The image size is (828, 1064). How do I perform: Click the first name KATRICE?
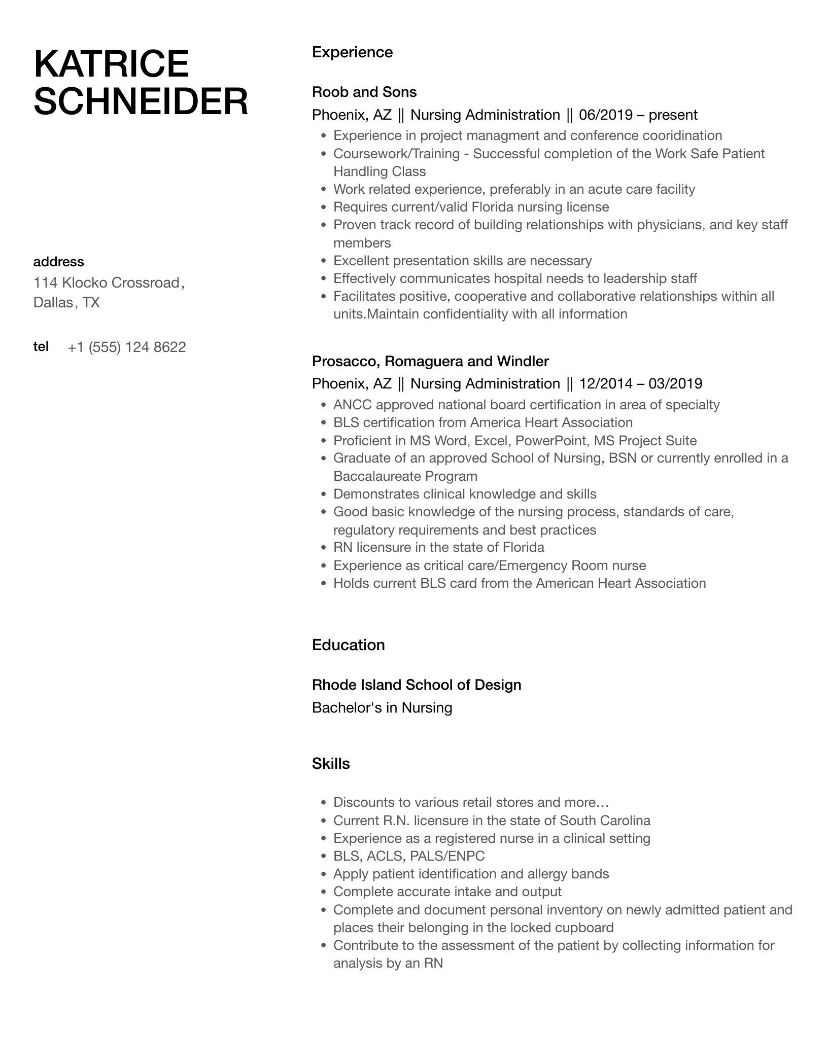click(111, 64)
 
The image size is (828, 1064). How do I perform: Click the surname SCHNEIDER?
click(141, 101)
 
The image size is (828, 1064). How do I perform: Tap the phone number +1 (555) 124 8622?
click(127, 347)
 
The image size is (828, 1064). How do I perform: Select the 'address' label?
click(58, 262)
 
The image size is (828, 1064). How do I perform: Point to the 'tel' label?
click(41, 346)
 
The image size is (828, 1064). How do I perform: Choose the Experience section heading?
click(352, 52)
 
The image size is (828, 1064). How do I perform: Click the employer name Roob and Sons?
click(364, 92)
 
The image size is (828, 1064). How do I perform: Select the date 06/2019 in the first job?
click(605, 115)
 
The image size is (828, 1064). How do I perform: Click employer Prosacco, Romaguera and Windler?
click(430, 361)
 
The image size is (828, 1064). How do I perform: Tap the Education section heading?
click(348, 645)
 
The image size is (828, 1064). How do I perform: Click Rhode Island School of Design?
click(417, 685)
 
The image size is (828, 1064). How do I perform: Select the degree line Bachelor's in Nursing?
click(382, 707)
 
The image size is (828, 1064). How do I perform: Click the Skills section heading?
click(331, 764)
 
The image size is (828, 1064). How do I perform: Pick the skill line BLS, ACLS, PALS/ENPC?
click(409, 856)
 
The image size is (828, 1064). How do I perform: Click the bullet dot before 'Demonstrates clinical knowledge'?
click(324, 494)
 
